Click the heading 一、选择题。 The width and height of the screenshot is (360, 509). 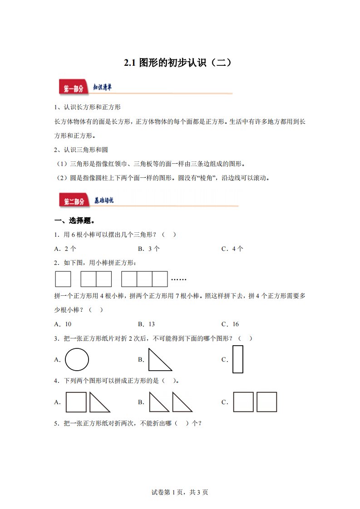(74, 221)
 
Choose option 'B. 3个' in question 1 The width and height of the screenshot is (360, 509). (149, 249)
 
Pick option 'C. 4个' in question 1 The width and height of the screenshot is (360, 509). (232, 249)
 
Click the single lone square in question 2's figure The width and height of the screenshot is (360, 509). (63, 279)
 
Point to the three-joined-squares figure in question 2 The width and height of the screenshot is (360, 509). (144, 279)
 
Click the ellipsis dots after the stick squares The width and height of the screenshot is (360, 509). (179, 279)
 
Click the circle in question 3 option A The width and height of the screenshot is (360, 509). (77, 360)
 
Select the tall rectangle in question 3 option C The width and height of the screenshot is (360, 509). (238, 359)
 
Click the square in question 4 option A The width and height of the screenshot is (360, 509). (76, 402)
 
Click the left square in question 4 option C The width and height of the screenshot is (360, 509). (243, 402)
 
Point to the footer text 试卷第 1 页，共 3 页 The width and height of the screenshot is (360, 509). (179, 492)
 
